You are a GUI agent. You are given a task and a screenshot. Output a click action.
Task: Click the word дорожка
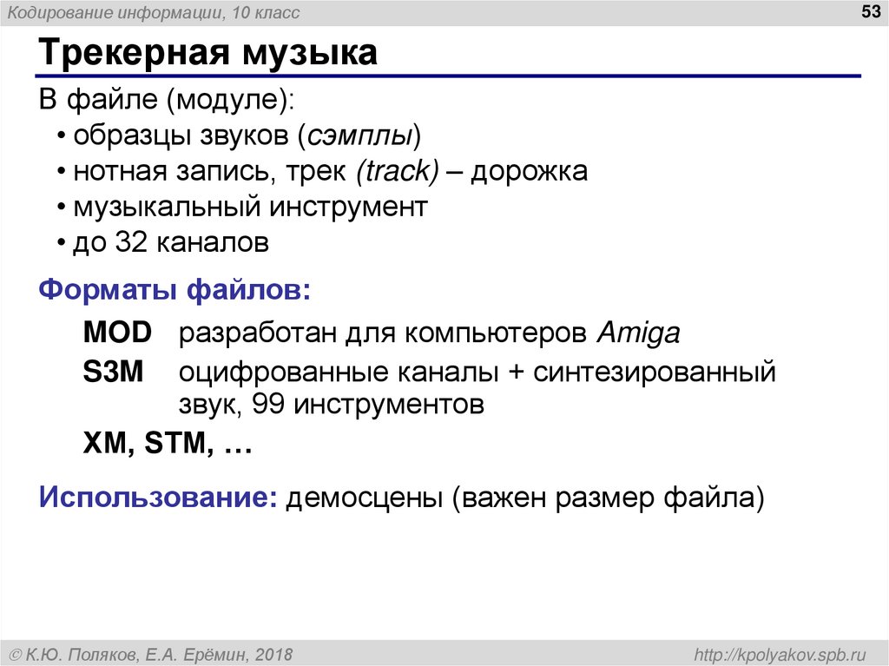[530, 171]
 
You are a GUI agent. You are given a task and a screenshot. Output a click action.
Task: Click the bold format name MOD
[117, 332]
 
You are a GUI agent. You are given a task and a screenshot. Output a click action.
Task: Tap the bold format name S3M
[114, 373]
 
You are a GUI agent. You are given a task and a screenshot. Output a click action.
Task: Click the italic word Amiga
[639, 332]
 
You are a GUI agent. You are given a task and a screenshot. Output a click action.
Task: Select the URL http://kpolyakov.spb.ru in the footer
[775, 653]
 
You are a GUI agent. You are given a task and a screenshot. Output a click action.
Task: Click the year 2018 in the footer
[274, 653]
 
